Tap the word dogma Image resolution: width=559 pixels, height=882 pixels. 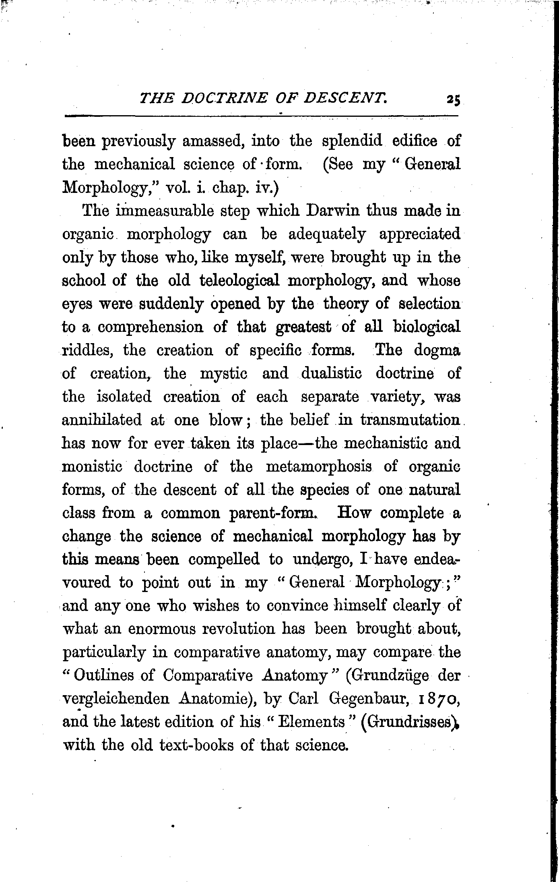pyautogui.click(x=437, y=350)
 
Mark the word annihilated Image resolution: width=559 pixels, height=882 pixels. pyautogui.click(x=102, y=420)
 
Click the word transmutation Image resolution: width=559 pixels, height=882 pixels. pyautogui.click(x=410, y=420)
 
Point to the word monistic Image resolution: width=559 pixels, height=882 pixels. pyautogui.click(x=92, y=467)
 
